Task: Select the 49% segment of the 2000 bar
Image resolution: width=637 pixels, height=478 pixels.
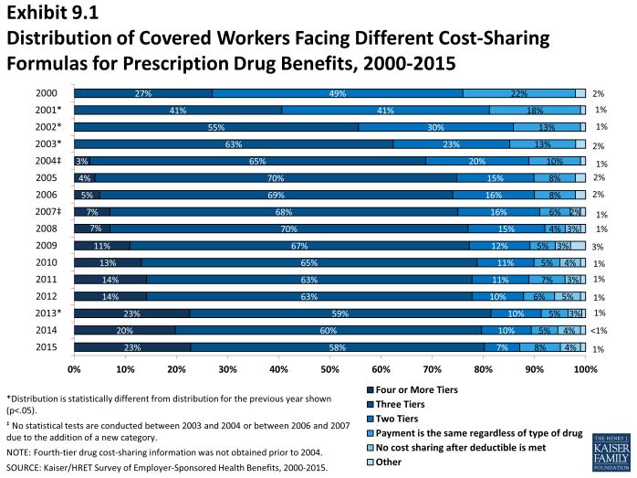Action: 337,93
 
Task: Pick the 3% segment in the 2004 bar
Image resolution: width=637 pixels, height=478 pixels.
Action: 81,161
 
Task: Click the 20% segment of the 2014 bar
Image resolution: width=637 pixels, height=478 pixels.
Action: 125,330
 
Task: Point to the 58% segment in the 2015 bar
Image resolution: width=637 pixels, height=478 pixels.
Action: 336,347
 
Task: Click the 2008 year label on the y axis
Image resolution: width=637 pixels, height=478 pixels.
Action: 47,228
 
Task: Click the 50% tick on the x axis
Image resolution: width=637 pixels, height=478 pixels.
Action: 329,369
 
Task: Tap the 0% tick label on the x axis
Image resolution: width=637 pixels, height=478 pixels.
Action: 75,369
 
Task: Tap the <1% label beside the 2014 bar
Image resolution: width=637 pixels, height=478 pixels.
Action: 598,330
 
